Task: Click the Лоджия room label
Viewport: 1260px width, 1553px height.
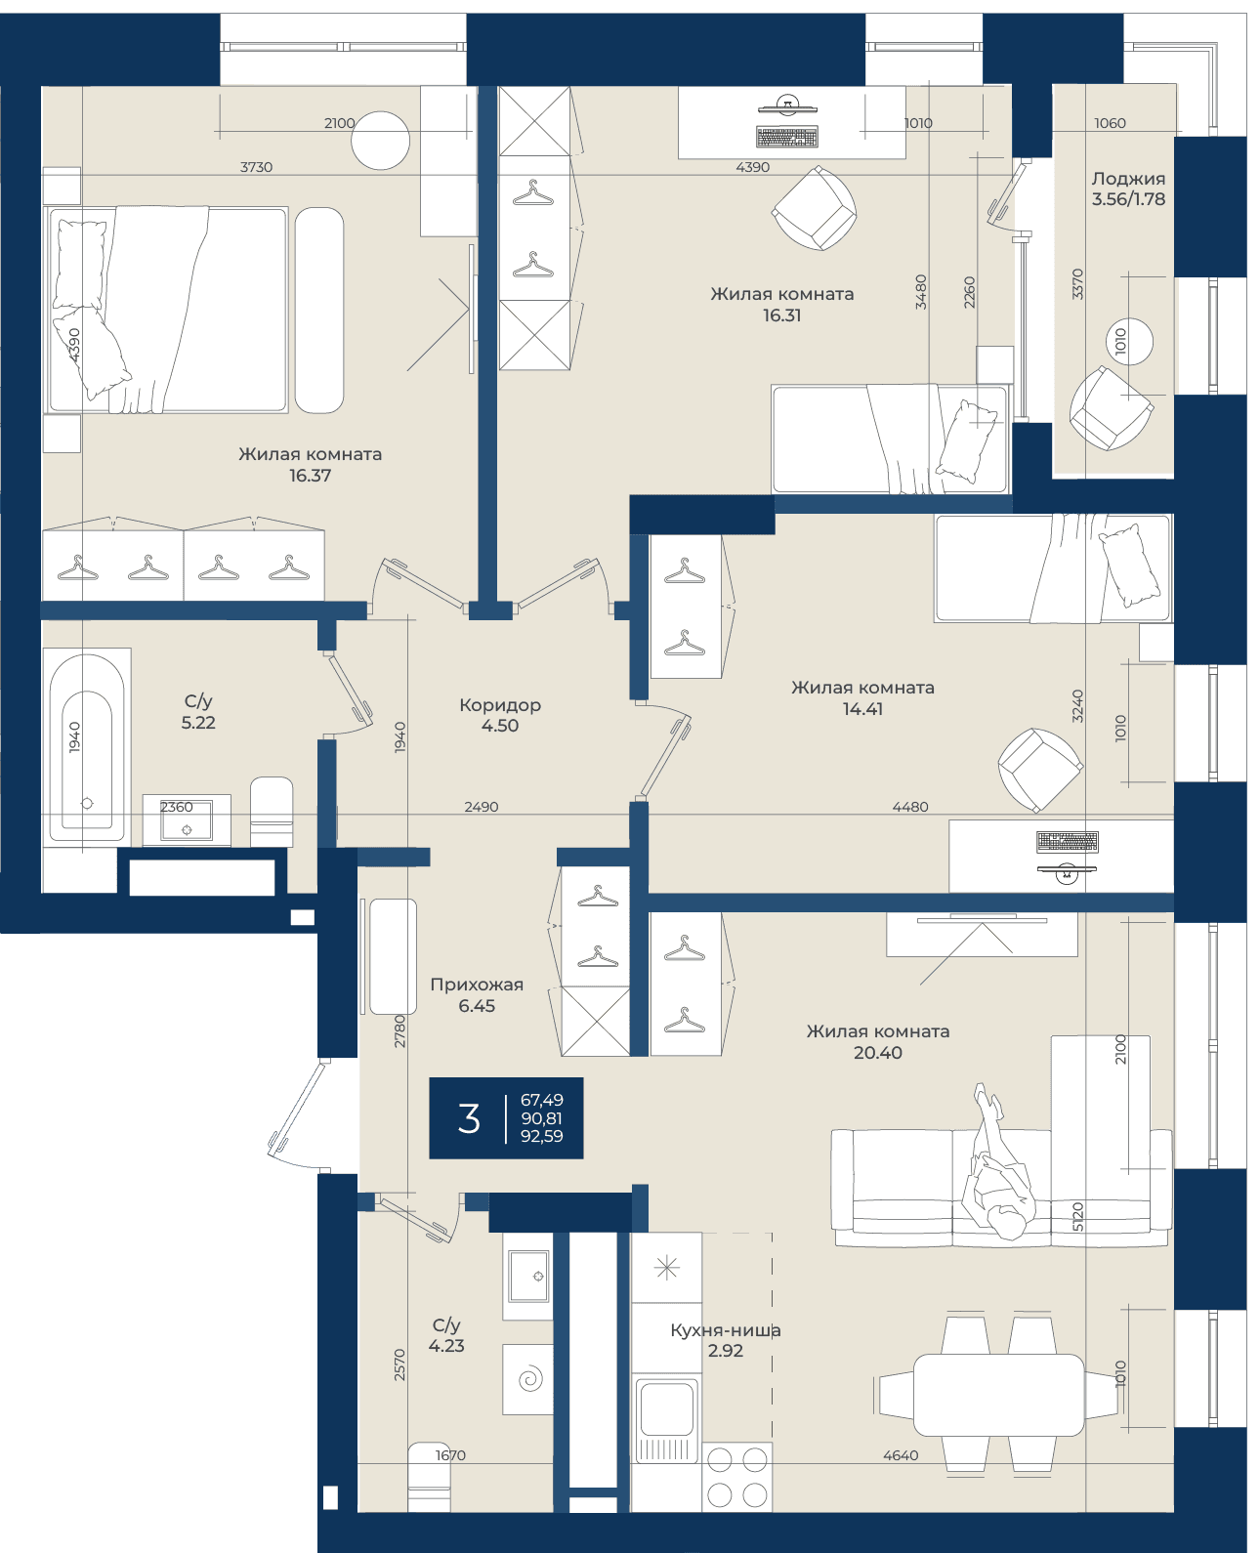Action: (1127, 179)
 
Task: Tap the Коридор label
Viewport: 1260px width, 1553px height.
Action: (500, 705)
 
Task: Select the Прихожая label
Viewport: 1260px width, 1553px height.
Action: (477, 985)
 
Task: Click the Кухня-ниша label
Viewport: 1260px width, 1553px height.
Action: (726, 1330)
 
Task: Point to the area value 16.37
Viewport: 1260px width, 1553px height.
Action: (310, 476)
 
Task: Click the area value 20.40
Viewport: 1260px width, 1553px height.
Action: (878, 1053)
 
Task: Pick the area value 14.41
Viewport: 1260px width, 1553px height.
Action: (862, 709)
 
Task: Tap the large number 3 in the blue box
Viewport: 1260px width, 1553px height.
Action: (469, 1118)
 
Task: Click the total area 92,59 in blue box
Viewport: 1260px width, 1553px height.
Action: (542, 1136)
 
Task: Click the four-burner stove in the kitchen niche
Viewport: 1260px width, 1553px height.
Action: (737, 1477)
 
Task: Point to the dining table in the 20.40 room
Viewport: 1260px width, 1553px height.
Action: (999, 1395)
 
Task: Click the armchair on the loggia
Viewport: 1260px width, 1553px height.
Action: (1111, 408)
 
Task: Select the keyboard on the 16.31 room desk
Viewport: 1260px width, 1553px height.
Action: (787, 137)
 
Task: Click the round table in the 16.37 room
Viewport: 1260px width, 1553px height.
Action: (380, 140)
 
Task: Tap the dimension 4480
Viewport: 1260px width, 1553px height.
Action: (910, 807)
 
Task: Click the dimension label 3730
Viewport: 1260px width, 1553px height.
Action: (257, 167)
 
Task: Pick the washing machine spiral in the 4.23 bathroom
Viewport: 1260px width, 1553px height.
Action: (530, 1379)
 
